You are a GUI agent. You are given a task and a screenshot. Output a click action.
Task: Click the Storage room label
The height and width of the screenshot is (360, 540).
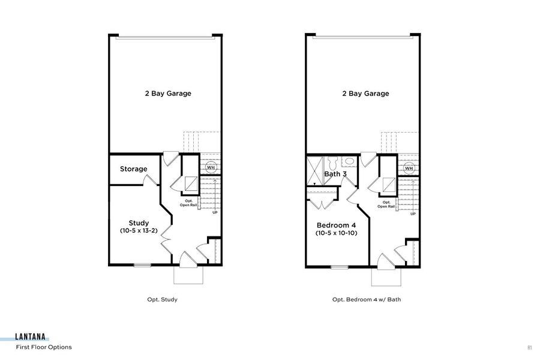133,169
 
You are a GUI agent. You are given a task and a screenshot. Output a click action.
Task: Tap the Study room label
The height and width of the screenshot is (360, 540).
139,223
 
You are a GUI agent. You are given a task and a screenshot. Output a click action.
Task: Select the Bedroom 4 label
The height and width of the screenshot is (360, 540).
337,226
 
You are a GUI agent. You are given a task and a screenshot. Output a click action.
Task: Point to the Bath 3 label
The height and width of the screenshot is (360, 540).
335,175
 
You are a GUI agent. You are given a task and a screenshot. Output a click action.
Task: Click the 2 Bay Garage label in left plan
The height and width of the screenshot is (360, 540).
167,94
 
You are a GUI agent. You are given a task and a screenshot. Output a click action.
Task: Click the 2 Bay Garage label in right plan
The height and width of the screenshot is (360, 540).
365,94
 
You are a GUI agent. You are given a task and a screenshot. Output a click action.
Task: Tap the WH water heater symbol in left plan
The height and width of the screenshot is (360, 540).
211,167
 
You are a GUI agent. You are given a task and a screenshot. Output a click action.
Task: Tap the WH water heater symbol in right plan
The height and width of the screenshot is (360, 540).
409,168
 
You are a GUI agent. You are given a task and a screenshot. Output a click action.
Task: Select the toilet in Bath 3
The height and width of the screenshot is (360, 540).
348,161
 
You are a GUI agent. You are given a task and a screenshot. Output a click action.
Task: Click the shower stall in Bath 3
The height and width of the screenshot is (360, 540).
315,170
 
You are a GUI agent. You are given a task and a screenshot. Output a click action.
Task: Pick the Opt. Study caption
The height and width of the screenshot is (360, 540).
162,299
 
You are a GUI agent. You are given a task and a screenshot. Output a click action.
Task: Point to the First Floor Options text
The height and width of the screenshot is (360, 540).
44,347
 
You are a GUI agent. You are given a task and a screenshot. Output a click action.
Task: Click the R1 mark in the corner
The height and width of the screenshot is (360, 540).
530,347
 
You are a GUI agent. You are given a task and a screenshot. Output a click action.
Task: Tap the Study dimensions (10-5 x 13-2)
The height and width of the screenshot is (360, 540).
139,231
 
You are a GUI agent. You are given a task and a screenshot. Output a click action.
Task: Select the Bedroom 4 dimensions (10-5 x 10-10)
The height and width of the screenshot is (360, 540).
337,233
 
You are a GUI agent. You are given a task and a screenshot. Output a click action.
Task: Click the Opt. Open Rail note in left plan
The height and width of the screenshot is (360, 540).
188,203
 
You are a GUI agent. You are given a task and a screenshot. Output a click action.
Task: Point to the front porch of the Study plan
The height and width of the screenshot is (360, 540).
188,275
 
